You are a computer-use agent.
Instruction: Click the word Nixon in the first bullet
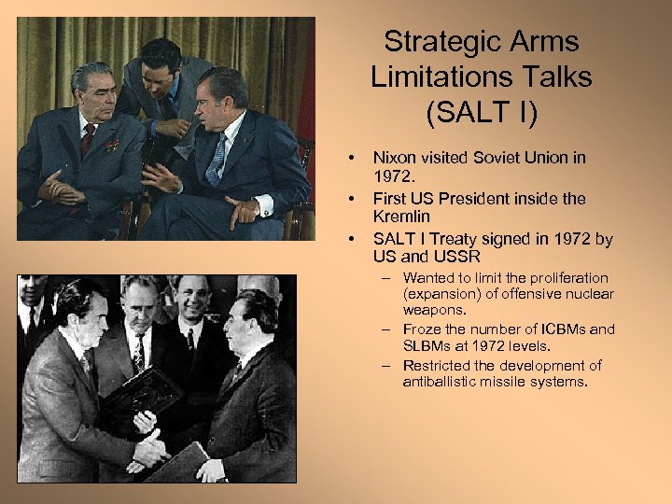click(395, 158)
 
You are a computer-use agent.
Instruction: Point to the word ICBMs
click(567, 329)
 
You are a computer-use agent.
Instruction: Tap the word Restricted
click(439, 365)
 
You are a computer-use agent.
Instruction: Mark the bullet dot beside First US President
click(351, 199)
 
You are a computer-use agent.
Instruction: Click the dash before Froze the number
click(385, 329)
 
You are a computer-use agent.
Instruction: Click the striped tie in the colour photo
click(217, 159)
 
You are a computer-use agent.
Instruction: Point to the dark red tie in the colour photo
click(87, 140)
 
